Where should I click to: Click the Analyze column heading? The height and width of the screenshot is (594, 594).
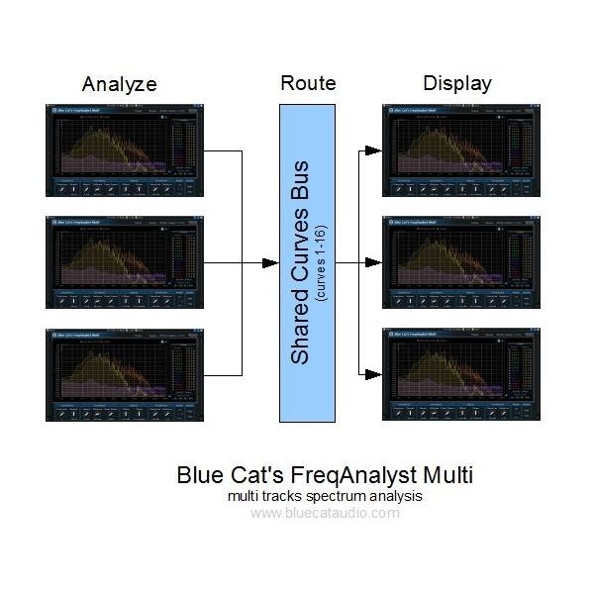pos(120,83)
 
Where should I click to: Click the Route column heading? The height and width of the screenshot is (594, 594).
pos(307,83)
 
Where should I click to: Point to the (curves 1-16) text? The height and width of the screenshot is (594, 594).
pos(321,261)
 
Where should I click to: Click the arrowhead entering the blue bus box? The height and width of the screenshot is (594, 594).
pos(271,263)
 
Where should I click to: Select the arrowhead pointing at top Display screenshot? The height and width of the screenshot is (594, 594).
pos(373,151)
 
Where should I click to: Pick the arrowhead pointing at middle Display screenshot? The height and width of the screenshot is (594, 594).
pos(373,263)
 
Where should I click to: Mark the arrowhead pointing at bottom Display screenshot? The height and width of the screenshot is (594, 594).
pos(373,375)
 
